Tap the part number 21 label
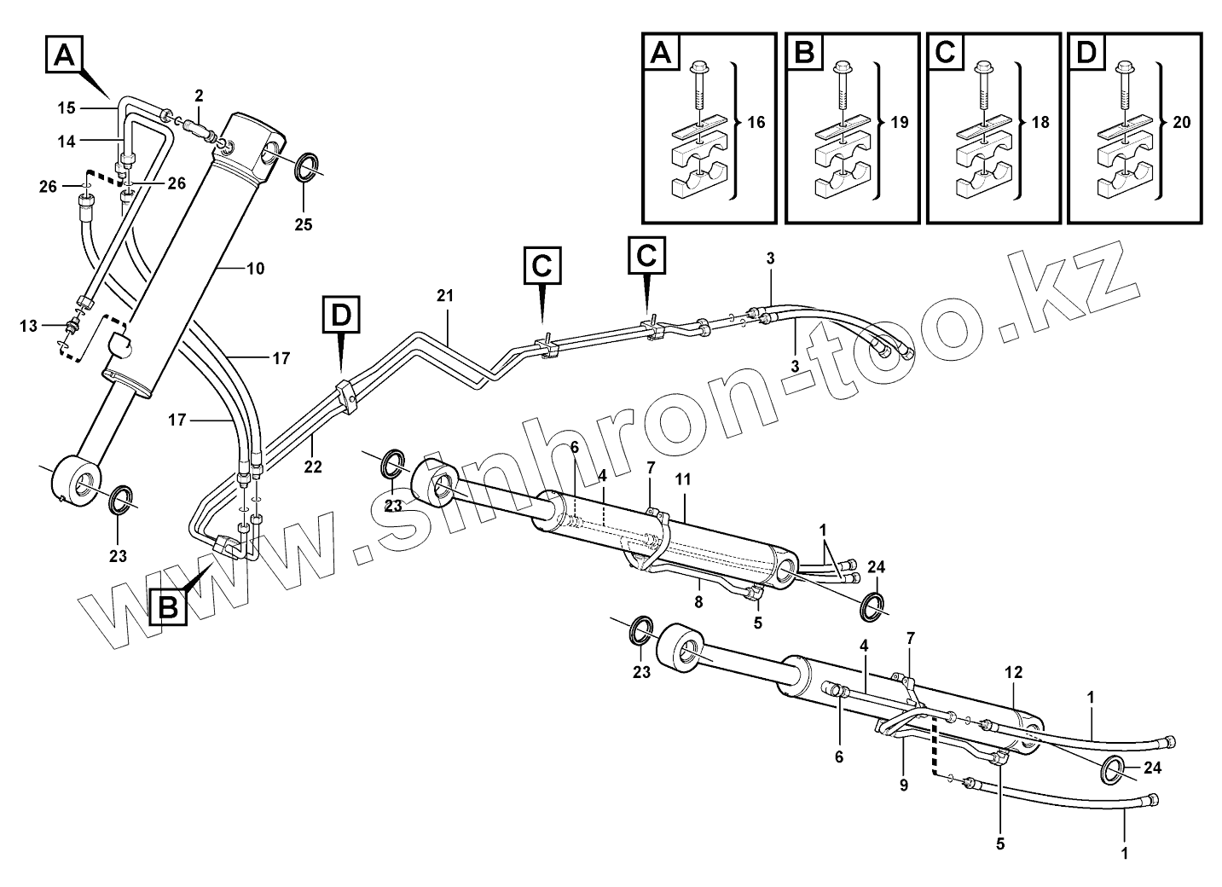445,296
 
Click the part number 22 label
313,467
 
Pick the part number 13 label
28,326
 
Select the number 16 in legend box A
756,123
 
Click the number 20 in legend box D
1181,123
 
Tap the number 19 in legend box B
898,123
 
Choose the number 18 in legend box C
1040,123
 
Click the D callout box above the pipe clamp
340,316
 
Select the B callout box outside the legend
169,607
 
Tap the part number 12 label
1013,673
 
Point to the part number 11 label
682,480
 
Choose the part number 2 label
198,94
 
